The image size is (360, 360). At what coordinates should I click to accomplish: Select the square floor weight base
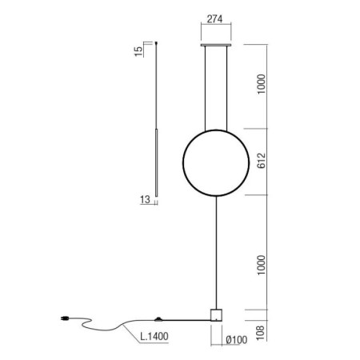[x=214, y=314]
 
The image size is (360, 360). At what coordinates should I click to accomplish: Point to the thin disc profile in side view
[x=157, y=160]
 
